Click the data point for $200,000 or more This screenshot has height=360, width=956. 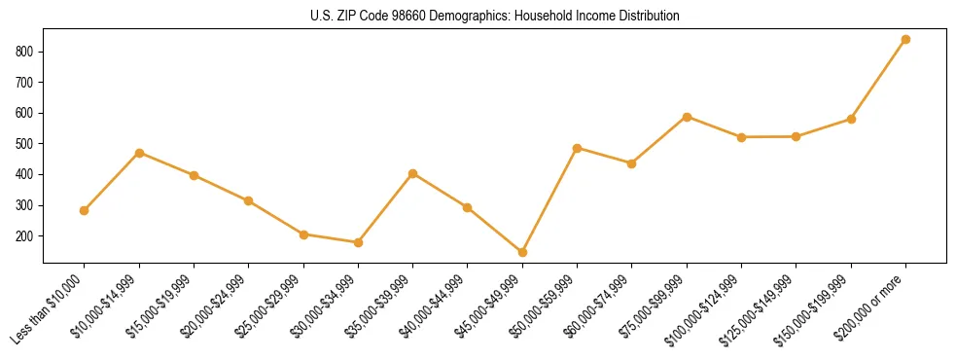905,39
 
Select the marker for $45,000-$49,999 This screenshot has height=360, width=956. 522,252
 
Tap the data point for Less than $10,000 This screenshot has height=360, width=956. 85,210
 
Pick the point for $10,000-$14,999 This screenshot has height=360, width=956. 139,153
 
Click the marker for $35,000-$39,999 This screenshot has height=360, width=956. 412,173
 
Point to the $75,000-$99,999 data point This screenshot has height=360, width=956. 687,117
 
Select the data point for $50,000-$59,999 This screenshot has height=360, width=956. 578,148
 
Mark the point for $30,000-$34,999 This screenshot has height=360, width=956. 358,242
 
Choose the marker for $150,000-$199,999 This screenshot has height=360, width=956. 851,119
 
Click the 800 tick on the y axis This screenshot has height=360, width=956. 29,51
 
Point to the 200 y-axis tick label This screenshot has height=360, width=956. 29,236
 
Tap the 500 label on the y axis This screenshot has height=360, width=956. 29,144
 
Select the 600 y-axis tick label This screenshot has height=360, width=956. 29,113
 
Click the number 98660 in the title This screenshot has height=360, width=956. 402,17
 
